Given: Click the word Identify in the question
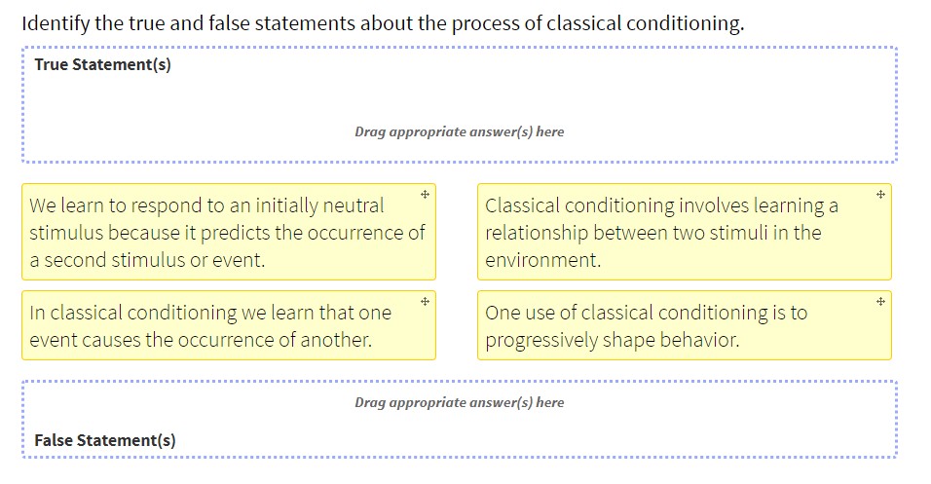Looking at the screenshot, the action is (55, 23).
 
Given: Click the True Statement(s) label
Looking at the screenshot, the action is (102, 65).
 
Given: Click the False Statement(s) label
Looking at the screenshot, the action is (105, 440).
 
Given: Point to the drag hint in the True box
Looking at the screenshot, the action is (459, 131).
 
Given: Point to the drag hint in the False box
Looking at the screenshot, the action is (459, 402).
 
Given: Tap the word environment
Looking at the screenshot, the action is (541, 260).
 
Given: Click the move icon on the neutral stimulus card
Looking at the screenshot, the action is (426, 195).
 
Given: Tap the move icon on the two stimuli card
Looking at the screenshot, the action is (880, 195).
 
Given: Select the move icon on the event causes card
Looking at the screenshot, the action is (426, 302).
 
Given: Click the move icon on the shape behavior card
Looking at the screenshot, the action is (880, 302).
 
